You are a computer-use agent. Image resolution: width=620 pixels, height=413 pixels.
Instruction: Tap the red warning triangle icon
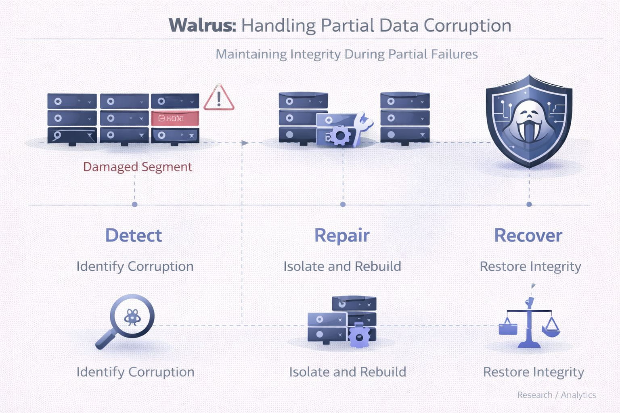[218, 98]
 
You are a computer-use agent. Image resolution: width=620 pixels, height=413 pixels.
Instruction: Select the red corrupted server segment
[175, 119]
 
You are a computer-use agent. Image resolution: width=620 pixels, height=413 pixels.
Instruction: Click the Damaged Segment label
[137, 167]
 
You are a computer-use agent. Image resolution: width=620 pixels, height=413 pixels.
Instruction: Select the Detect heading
[133, 236]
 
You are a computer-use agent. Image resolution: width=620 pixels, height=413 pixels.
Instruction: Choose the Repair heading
[342, 236]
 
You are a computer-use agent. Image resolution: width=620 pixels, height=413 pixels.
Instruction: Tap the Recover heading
[528, 236]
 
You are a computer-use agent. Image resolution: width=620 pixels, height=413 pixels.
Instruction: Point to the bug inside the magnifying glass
[132, 317]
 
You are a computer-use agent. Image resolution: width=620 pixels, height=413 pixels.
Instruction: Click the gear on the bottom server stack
[359, 336]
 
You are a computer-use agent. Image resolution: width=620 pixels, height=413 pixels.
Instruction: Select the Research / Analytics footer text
[556, 395]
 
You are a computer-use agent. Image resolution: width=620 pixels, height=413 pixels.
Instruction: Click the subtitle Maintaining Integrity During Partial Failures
[346, 54]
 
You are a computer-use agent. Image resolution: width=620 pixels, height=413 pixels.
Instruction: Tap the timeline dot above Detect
[135, 204]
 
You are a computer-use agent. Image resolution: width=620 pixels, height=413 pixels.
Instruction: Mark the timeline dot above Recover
[529, 204]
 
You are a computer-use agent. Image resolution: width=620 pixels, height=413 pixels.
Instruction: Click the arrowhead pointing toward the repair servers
[245, 143]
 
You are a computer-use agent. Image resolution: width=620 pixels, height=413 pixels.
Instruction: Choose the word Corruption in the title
[467, 25]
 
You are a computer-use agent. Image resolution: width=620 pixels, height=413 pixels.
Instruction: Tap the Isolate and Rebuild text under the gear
[348, 372]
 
